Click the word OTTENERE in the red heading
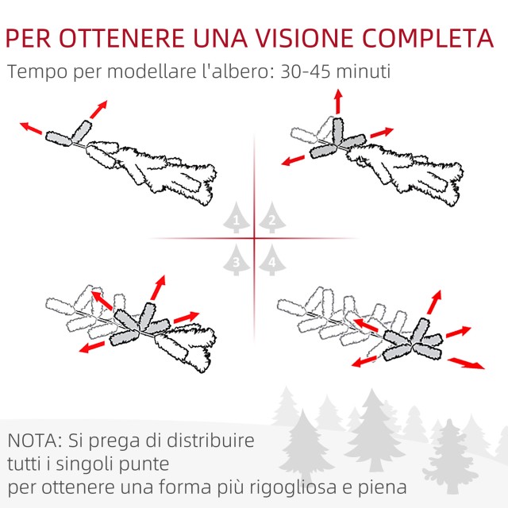(x=121, y=38)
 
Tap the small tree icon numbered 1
(x=237, y=217)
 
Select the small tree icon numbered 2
(x=272, y=217)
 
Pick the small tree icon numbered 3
(x=237, y=260)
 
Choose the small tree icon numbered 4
(x=272, y=260)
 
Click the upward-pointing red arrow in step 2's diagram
(x=338, y=102)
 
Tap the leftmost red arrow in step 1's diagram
(x=31, y=128)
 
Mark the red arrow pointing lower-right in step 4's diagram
(x=466, y=363)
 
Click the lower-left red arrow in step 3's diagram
(x=92, y=347)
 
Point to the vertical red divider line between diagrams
(x=254, y=238)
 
